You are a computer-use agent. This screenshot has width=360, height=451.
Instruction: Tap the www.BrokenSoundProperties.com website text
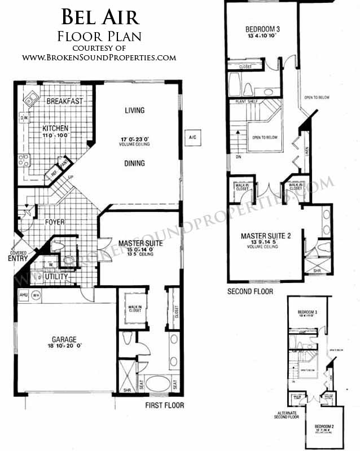tap(99, 58)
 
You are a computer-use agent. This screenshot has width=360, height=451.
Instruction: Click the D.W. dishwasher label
tap(24, 118)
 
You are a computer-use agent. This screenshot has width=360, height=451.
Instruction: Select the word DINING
tap(135, 163)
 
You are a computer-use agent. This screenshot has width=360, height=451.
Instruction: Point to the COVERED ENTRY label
tap(17, 255)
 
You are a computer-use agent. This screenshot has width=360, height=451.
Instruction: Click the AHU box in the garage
tap(23, 294)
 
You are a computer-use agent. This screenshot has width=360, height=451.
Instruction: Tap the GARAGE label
tap(64, 339)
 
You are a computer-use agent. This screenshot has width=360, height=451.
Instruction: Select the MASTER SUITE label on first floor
tap(141, 244)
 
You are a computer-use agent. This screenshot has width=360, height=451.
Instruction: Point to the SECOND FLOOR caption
tap(250, 291)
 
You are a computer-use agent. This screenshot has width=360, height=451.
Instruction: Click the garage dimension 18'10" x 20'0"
tap(64, 348)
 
